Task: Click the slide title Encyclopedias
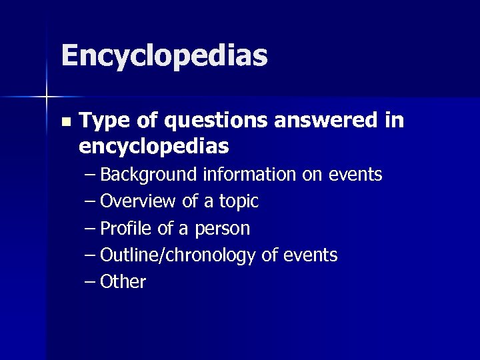(x=164, y=56)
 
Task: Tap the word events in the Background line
(x=355, y=175)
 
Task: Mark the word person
(x=223, y=229)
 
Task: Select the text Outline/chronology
(x=179, y=255)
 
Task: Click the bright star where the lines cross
(x=46, y=97)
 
